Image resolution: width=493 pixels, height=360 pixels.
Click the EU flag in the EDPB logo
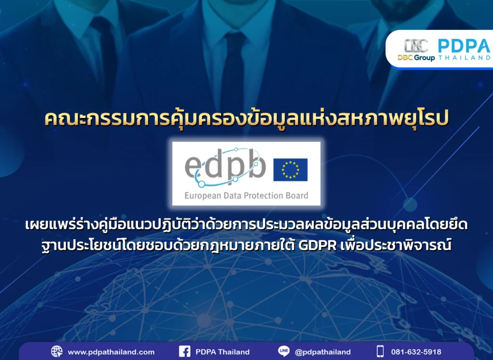tap(290, 169)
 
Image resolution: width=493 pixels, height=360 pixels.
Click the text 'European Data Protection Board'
tap(246, 196)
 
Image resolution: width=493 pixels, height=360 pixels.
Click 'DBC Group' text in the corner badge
tap(416, 58)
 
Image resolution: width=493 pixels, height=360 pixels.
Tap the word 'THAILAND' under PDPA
tap(464, 58)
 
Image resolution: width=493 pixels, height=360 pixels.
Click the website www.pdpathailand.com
tap(111, 352)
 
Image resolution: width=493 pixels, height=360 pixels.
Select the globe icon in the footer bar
tap(57, 351)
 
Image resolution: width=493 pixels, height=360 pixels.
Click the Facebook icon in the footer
tap(184, 351)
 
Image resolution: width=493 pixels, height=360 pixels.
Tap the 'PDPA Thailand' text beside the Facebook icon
tap(222, 352)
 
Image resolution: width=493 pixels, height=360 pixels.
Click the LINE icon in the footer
tap(284, 351)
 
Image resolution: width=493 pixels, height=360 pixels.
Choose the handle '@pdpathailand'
tap(323, 352)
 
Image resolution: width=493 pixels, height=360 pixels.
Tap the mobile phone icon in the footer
tap(380, 351)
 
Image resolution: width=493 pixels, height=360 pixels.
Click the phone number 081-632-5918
tap(417, 352)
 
